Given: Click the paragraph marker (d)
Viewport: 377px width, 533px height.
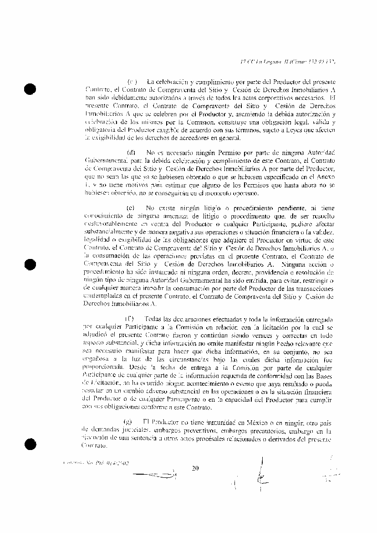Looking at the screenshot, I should point(131,151).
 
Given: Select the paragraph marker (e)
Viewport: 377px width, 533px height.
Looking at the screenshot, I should point(131,207).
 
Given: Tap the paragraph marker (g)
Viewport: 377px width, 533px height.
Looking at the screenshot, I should point(127,422).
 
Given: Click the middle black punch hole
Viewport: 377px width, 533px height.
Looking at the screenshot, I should point(31,265).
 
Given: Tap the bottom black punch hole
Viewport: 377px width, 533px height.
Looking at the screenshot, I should point(31,443).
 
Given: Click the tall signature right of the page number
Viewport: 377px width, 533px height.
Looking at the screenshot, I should point(262,474).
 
